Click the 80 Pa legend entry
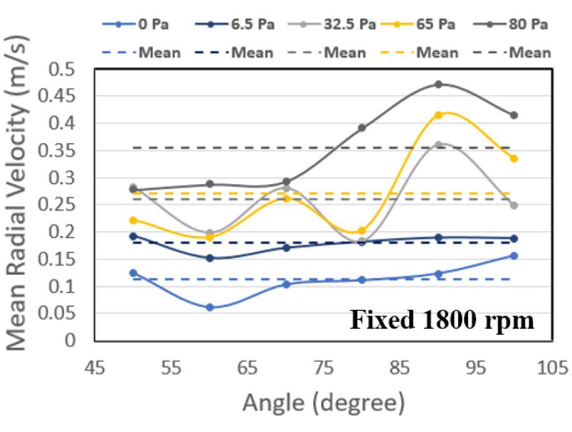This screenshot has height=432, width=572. pyautogui.click(x=519, y=25)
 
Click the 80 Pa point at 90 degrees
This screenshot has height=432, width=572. pyautogui.click(x=439, y=84)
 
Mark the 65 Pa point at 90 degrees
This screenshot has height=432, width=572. pyautogui.click(x=439, y=115)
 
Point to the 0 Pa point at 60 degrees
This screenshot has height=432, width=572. pyautogui.click(x=210, y=307)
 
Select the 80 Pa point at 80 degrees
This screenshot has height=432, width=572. pyautogui.click(x=362, y=128)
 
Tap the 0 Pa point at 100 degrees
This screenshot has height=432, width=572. pyautogui.click(x=514, y=255)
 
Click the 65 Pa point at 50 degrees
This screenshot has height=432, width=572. pyautogui.click(x=133, y=220)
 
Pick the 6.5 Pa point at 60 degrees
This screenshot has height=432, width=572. pyautogui.click(x=210, y=258)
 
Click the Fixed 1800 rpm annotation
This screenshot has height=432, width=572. pyautogui.click(x=442, y=321)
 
